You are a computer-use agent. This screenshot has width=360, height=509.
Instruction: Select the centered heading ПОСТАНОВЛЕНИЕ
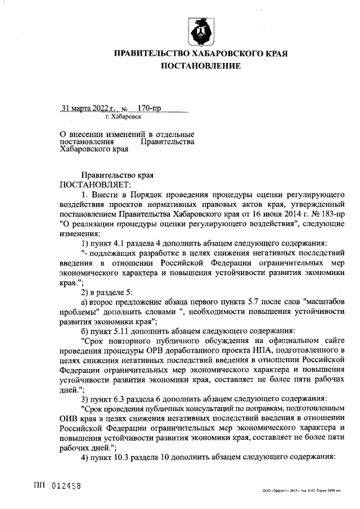pyautogui.click(x=201, y=66)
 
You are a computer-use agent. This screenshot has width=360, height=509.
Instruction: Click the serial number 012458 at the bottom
pyautogui.click(x=66, y=485)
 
